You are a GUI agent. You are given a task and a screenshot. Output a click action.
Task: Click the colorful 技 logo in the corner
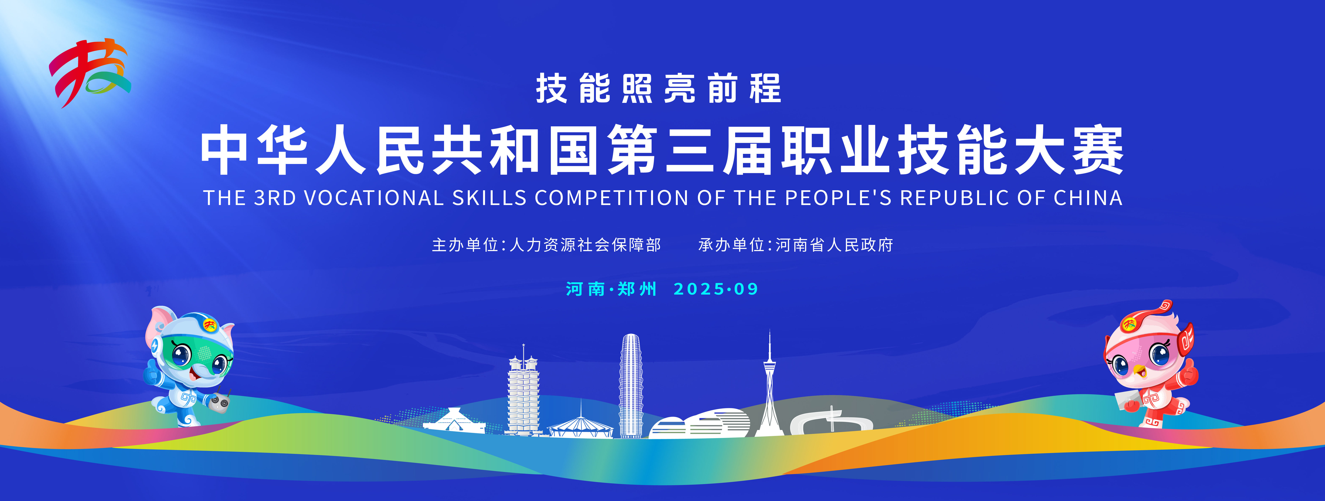click(90, 73)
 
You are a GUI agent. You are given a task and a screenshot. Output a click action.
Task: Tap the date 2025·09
click(716, 289)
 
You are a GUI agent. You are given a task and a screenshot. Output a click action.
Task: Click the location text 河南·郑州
click(611, 289)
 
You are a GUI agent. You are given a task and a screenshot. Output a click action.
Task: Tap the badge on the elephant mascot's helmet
click(209, 325)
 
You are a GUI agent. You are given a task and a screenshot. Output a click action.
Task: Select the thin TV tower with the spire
click(769, 386)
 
